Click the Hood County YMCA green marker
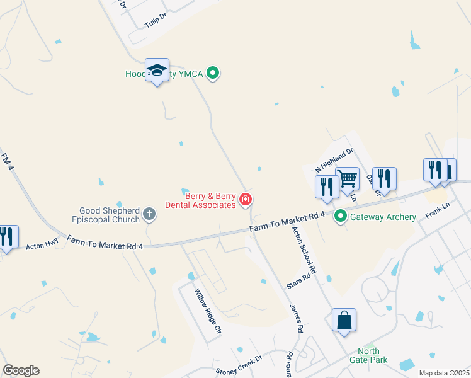click(213, 74)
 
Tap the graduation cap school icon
click(157, 70)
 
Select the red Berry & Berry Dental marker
click(246, 201)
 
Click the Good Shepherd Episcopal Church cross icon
click(149, 214)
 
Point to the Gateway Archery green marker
click(341, 217)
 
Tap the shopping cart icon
click(347, 179)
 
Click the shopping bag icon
click(344, 320)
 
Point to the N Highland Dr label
click(334, 161)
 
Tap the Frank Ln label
click(438, 209)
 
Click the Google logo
click(21, 370)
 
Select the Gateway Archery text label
click(383, 217)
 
